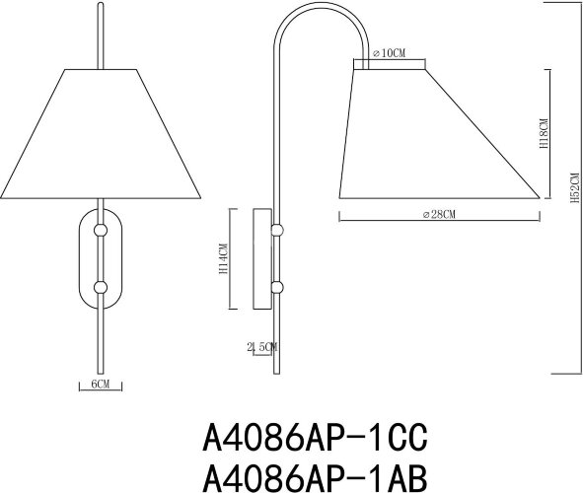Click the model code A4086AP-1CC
pyautogui.click(x=317, y=434)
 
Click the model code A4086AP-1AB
pyautogui.click(x=317, y=476)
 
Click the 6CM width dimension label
pyautogui.click(x=98, y=384)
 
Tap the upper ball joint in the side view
pyautogui.click(x=278, y=230)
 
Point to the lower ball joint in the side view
pyautogui.click(x=278, y=288)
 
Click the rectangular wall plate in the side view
pyautogui.click(x=263, y=259)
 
